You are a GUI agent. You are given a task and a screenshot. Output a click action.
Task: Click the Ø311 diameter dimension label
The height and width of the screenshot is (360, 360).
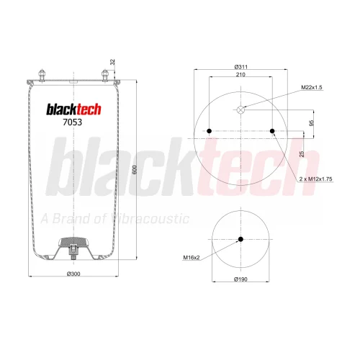(x=240, y=67)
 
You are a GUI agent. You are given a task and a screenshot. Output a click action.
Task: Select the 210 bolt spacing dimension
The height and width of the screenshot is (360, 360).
(x=240, y=75)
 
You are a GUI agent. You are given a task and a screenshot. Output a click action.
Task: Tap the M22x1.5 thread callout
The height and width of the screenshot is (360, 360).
(x=311, y=87)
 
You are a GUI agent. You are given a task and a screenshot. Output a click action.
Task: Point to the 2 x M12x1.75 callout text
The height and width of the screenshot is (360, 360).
(x=315, y=179)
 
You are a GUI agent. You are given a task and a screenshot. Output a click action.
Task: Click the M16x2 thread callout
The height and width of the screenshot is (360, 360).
(x=192, y=258)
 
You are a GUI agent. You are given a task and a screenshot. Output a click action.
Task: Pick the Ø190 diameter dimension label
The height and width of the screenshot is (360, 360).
(x=240, y=279)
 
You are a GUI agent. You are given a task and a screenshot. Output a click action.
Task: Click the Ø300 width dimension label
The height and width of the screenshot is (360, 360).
(x=73, y=274)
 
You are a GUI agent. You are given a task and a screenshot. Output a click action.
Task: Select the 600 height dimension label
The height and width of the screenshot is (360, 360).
(x=135, y=170)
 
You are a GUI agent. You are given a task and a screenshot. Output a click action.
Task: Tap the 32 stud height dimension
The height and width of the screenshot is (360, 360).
(x=112, y=62)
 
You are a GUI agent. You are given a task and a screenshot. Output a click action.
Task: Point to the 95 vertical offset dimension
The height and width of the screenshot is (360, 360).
(x=311, y=123)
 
